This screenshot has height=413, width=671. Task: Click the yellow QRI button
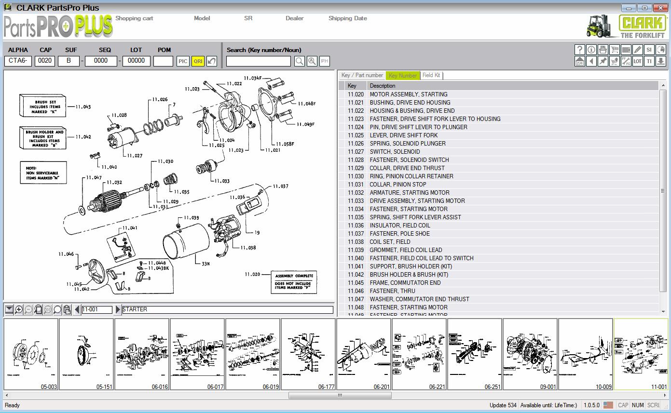coord(198,61)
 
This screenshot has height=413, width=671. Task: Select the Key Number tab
coord(402,76)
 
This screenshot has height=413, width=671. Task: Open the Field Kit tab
coord(431,76)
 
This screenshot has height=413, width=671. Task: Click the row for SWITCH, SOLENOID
coord(395,152)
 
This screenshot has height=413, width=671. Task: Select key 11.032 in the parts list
coord(356,193)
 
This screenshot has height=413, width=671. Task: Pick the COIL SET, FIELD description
coord(390,242)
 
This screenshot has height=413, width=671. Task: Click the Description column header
coord(383,86)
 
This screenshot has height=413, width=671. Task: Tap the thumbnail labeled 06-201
coord(364,354)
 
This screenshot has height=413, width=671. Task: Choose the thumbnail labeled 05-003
coord(31,354)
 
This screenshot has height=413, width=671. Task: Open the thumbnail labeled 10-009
coord(586,354)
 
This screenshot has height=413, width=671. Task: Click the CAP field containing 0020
coord(45,61)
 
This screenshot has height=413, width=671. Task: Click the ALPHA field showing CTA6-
coord(18,61)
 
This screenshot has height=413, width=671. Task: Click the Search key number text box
coord(259,61)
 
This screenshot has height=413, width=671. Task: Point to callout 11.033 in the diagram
coord(222,181)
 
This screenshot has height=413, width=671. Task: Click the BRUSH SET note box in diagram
coord(42,106)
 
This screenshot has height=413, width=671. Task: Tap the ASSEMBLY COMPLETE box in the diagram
coord(294,282)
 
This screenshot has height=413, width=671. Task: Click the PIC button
coord(183,61)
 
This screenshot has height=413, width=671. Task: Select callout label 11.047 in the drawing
coord(94,178)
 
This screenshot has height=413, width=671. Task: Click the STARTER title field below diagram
coord(227,310)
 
